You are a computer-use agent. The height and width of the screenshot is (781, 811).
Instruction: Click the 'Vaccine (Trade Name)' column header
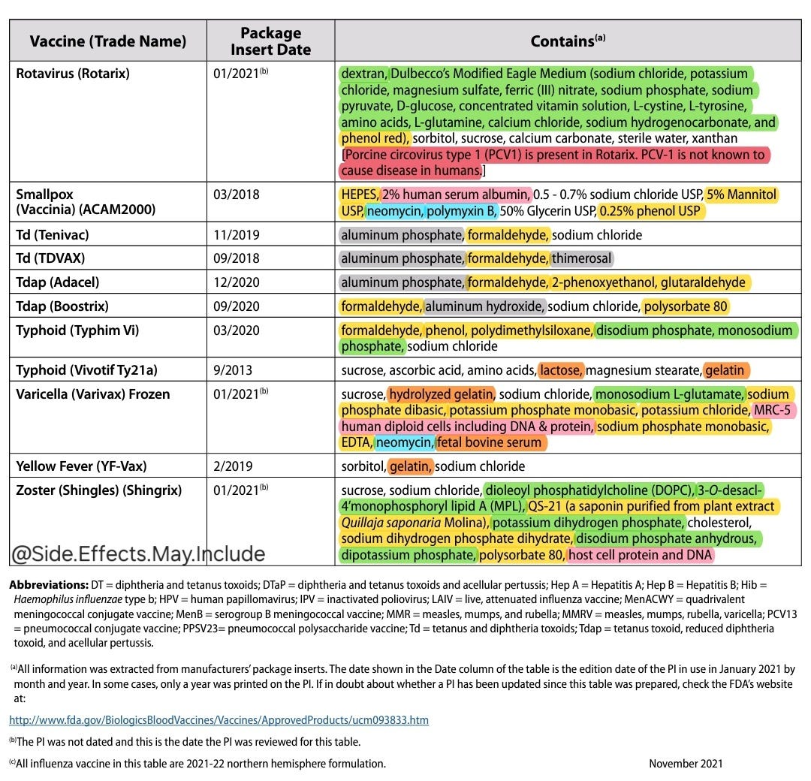point(107,41)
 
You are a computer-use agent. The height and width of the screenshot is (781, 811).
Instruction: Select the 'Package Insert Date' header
point(270,41)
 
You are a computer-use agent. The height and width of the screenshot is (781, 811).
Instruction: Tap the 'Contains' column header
point(568,41)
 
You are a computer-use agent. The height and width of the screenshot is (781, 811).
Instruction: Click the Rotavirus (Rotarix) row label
point(73,74)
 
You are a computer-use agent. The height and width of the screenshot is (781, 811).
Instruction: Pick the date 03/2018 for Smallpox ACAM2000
point(237,194)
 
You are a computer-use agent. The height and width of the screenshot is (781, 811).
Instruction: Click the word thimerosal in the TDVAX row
point(581,258)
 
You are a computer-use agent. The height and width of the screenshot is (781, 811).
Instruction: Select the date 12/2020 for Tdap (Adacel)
point(237,282)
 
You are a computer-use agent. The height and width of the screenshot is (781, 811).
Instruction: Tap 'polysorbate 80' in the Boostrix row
point(685,306)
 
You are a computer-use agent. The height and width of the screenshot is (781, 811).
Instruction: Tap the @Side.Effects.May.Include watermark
point(137,554)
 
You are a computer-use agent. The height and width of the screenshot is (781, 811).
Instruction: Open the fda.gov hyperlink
point(219,720)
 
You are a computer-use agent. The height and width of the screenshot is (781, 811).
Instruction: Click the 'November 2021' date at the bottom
point(686,764)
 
